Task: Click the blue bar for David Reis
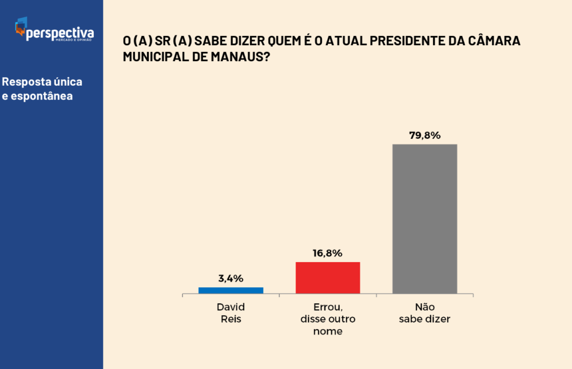231,290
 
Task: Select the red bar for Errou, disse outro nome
328,278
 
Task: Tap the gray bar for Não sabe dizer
424,219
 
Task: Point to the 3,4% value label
231,279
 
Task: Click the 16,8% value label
328,253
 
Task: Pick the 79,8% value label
424,135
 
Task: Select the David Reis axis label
231,313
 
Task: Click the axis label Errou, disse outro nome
328,319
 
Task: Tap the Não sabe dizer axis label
424,313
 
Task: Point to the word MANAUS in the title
237,57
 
